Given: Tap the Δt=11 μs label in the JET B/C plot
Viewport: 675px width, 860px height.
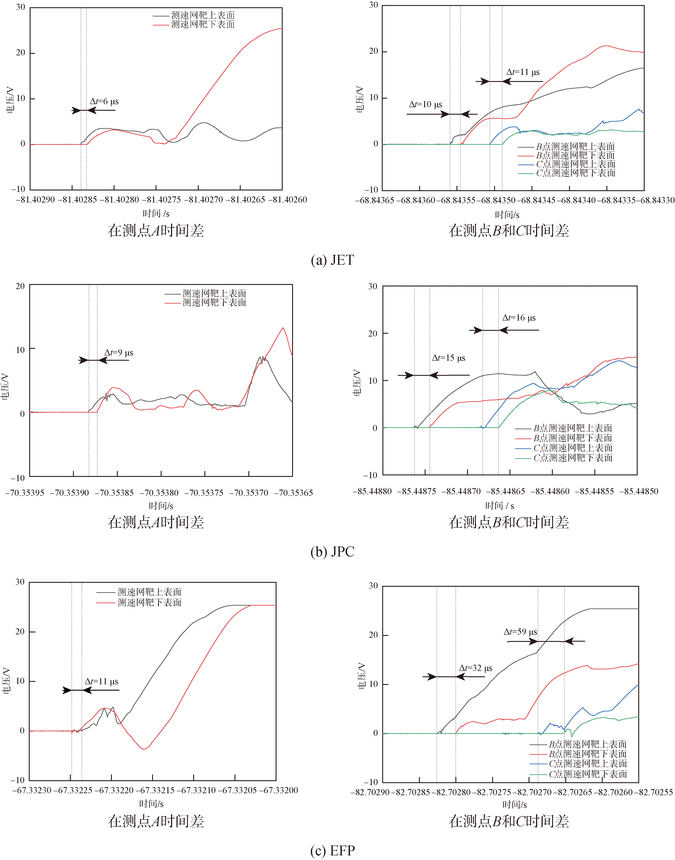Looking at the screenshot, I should [523, 72].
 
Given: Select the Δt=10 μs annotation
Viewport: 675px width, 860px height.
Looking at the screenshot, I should [426, 105].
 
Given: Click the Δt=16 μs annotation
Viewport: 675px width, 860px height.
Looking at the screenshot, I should [519, 318].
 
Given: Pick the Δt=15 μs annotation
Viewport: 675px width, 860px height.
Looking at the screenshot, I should [449, 358].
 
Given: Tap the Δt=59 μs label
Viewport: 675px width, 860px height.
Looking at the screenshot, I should [520, 632].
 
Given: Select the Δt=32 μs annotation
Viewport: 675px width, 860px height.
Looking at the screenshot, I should [475, 668].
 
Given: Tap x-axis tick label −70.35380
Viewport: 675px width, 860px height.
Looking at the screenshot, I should [161, 493].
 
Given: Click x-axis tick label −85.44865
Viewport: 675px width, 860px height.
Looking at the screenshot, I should [506, 492].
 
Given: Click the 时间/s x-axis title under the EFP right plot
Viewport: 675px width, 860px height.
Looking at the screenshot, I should [515, 804].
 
